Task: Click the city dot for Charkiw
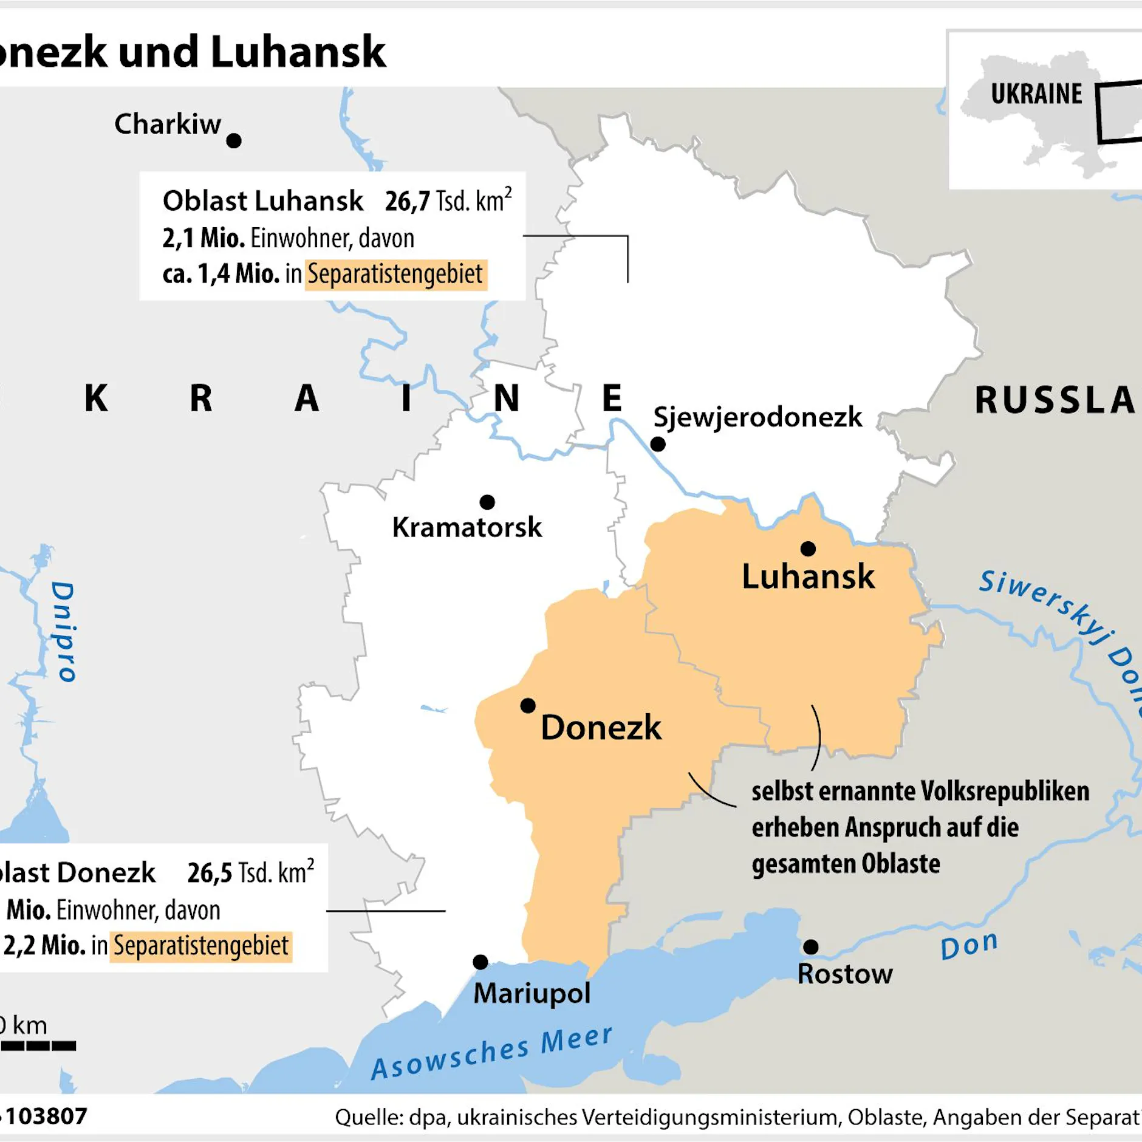(234, 141)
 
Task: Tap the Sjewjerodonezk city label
(757, 417)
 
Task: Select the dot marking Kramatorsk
(487, 502)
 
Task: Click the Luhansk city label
(808, 576)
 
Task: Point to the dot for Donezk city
(528, 706)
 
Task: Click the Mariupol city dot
(480, 962)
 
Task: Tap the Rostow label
(845, 974)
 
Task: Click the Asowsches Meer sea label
(492, 1052)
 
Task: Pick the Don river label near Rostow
(969, 946)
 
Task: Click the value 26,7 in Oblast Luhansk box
(408, 201)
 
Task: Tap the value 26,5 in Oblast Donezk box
(210, 873)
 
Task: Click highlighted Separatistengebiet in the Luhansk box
(395, 274)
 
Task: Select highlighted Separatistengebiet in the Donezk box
(201, 946)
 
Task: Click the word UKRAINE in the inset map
(1036, 94)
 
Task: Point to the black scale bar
(38, 1046)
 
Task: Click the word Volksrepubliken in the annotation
(1005, 792)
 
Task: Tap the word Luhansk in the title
(298, 52)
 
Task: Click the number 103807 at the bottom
(47, 1116)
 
